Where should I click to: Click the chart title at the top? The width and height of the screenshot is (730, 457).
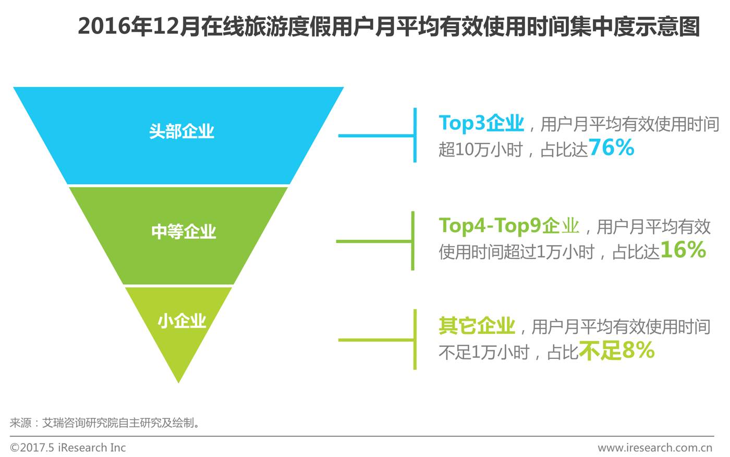pyautogui.click(x=388, y=26)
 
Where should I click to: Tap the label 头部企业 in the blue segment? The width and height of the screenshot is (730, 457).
pyautogui.click(x=181, y=131)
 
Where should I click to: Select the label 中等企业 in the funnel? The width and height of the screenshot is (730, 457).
pyautogui.click(x=184, y=231)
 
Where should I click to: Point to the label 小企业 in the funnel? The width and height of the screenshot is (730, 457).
pyautogui.click(x=182, y=320)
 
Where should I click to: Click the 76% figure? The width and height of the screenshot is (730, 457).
pyautogui.click(x=611, y=148)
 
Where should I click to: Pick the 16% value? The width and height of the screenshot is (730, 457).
pyautogui.click(x=683, y=250)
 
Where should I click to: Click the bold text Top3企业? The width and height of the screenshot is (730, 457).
pyautogui.click(x=481, y=123)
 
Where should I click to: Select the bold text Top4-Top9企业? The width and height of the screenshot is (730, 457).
pyautogui.click(x=509, y=225)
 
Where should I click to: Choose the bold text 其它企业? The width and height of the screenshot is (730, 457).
pyautogui.click(x=477, y=326)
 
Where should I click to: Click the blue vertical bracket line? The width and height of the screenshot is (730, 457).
pyautogui.click(x=415, y=135)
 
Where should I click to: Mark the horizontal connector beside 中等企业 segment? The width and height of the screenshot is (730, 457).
pyautogui.click(x=374, y=242)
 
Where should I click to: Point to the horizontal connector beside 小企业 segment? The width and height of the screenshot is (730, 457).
pyautogui.click(x=376, y=340)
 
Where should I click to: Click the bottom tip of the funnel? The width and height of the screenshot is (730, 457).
pyautogui.click(x=178, y=380)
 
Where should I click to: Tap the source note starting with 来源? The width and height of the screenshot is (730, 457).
pyautogui.click(x=104, y=423)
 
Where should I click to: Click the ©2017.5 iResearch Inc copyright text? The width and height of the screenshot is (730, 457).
pyautogui.click(x=68, y=448)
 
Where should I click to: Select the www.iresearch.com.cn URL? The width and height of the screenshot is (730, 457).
pyautogui.click(x=654, y=448)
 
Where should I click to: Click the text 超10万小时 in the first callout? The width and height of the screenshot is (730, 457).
pyautogui.click(x=480, y=150)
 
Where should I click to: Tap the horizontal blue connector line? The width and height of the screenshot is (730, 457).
pyautogui.click(x=376, y=136)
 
